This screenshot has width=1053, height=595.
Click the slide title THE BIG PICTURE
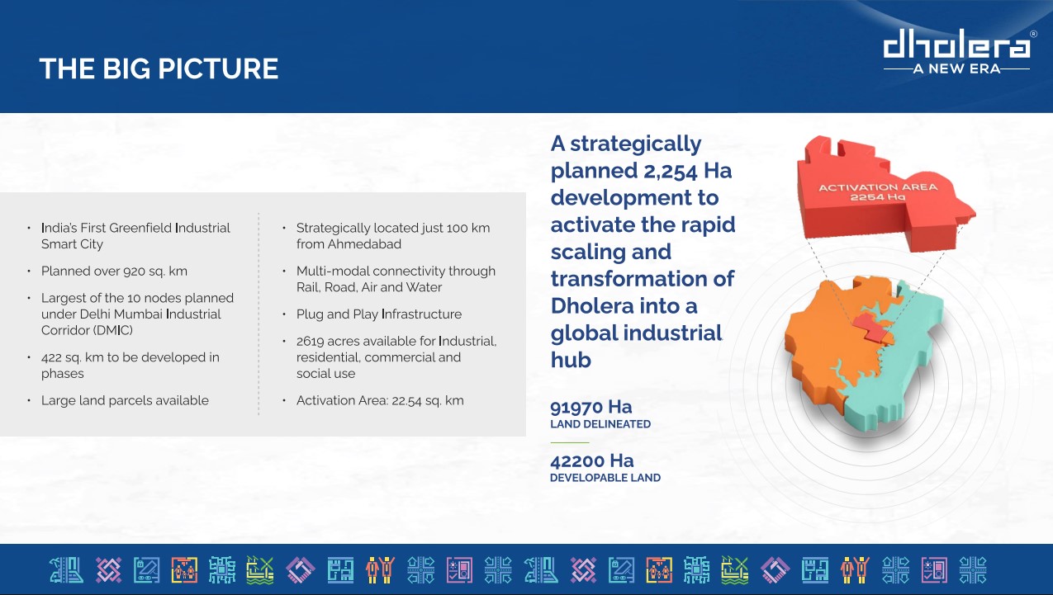[x=159, y=68]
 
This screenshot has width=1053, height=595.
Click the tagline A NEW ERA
[x=956, y=69]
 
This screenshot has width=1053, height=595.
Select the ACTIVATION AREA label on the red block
[x=878, y=187]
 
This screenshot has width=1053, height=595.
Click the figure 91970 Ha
[x=591, y=407]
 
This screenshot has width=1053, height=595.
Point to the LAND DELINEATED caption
[x=600, y=424]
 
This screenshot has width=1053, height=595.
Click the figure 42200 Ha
[x=592, y=460]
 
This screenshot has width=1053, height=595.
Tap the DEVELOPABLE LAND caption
[x=605, y=478]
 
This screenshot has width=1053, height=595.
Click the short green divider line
[x=570, y=442]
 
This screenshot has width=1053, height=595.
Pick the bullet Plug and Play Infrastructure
[x=379, y=314]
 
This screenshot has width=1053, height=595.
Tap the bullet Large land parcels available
[x=125, y=400]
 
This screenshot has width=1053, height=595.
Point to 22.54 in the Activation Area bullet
[x=406, y=401]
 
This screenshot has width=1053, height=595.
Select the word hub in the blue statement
[x=571, y=360]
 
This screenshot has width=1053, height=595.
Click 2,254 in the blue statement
[x=670, y=171]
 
